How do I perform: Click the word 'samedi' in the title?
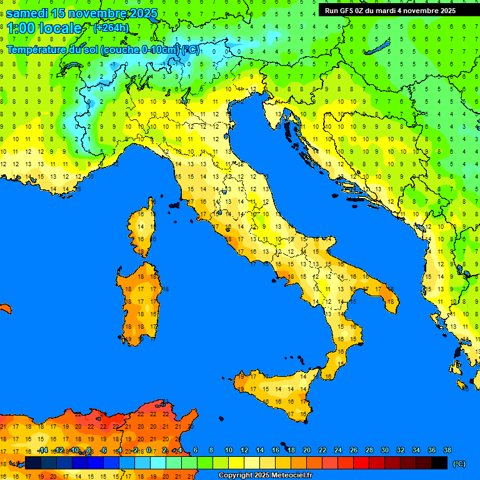(30, 13)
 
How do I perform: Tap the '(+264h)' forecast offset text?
(111, 27)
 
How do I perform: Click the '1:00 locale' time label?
(44, 28)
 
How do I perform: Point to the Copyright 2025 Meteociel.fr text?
(265, 476)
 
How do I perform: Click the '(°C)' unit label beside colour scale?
(459, 464)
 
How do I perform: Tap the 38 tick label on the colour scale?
(447, 451)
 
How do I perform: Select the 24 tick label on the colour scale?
(338, 451)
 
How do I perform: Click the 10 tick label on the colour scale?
(229, 451)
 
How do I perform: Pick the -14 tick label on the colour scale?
(42, 451)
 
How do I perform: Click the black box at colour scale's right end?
(439, 463)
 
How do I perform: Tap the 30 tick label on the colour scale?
(385, 451)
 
